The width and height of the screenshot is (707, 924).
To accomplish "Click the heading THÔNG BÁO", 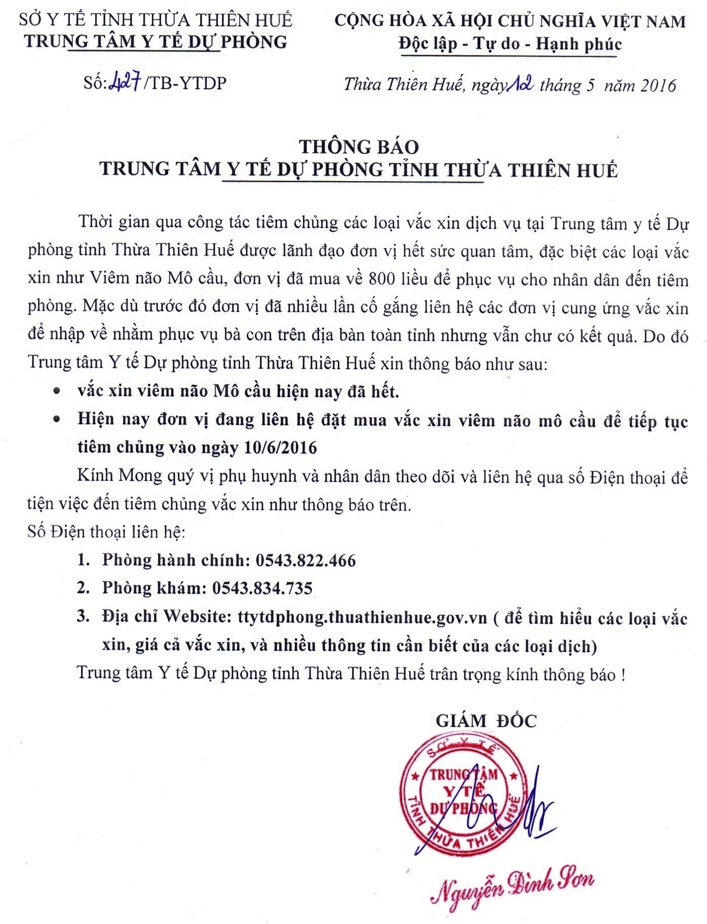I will pyautogui.click(x=359, y=147).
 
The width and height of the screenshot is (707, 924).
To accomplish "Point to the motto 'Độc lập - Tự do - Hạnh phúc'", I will pyautogui.click(x=510, y=44).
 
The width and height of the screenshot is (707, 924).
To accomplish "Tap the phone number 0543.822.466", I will pyautogui.click(x=306, y=560).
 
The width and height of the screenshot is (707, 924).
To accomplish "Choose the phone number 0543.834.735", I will pyautogui.click(x=262, y=588).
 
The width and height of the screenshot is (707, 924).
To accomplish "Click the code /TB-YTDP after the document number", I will pyautogui.click(x=185, y=84).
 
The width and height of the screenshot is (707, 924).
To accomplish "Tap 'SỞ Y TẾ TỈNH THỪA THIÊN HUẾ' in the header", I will pyautogui.click(x=155, y=20).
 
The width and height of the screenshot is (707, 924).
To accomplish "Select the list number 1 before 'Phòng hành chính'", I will pyautogui.click(x=83, y=560).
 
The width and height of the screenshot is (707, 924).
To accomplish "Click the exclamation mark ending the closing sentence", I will pyautogui.click(x=622, y=675).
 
